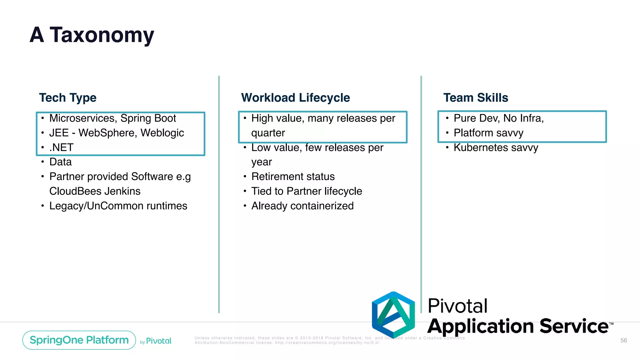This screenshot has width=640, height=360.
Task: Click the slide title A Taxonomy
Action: point(92,35)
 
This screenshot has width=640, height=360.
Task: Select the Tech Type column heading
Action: point(68,98)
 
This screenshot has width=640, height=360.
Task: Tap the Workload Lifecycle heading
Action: point(295,98)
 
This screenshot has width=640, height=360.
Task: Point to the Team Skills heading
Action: point(476,98)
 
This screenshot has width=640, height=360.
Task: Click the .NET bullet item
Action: point(61,147)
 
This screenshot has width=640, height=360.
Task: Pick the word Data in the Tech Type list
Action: point(61,162)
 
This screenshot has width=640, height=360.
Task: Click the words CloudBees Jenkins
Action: point(95,191)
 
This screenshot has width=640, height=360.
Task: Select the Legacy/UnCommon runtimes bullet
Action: point(118,206)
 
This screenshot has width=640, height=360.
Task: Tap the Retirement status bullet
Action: point(293,177)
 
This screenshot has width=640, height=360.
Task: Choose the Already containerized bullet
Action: point(302,206)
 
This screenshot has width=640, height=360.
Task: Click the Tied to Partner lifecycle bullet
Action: point(307,191)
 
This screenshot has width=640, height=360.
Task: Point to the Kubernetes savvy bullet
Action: point(496,147)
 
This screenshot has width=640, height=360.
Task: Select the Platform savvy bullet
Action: point(488,133)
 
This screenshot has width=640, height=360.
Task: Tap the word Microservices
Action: point(83,118)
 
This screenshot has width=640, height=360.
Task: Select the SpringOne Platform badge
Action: point(79,340)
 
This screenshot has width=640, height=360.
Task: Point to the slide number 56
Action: point(623,340)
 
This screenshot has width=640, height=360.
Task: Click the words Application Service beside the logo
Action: point(517,326)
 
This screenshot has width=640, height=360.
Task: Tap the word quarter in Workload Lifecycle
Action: point(268,133)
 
